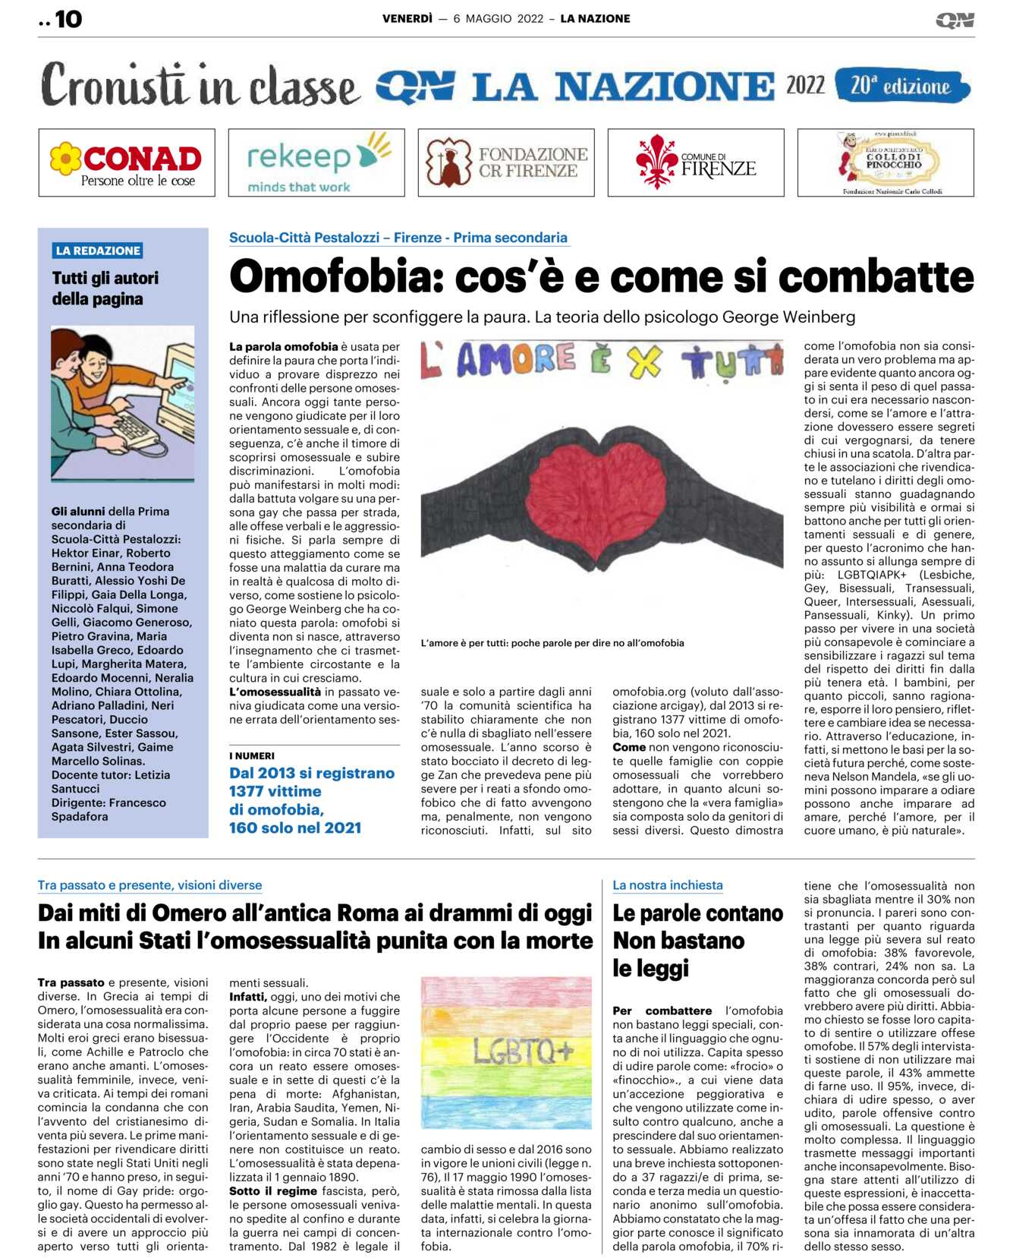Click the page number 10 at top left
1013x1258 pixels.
pyautogui.click(x=68, y=19)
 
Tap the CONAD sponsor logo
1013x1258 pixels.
pyautogui.click(x=127, y=162)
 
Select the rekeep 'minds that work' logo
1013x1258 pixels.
pyautogui.click(x=316, y=162)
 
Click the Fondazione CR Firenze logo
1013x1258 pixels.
pyautogui.click(x=506, y=162)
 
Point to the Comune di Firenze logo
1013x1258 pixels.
pyautogui.click(x=696, y=162)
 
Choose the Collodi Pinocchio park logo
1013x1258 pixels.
pyautogui.click(x=886, y=162)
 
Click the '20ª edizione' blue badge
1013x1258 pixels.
pyautogui.click(x=901, y=86)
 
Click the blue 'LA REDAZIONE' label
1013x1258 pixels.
pyautogui.click(x=98, y=251)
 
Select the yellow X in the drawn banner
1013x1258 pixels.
pyautogui.click(x=644, y=361)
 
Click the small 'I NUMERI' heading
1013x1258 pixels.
pyautogui.click(x=252, y=755)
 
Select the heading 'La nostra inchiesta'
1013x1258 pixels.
pyautogui.click(x=667, y=884)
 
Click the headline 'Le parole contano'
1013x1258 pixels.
pyautogui.click(x=697, y=913)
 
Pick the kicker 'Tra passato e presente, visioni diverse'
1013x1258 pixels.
pyautogui.click(x=149, y=884)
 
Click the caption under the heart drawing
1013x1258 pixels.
pyautogui.click(x=552, y=643)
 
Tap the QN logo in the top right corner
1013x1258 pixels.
pyautogui.click(x=954, y=20)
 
